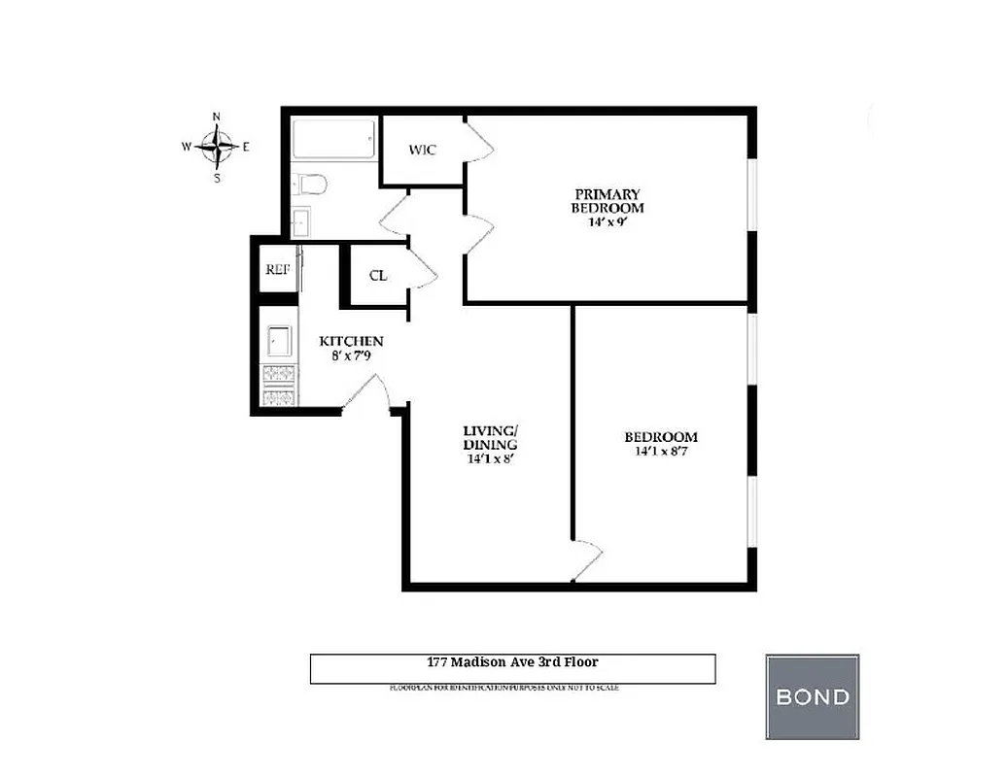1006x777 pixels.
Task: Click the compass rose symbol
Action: (x=217, y=148)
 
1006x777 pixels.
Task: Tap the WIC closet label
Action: (x=422, y=151)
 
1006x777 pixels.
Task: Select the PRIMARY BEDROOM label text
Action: (x=607, y=201)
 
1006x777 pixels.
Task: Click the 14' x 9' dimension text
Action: (x=607, y=222)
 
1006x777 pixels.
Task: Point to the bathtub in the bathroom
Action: (x=334, y=140)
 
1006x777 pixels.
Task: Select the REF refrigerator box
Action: (x=276, y=270)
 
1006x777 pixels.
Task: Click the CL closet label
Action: (x=378, y=276)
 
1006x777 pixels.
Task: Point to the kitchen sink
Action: (x=280, y=341)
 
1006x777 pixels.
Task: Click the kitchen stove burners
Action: (x=280, y=385)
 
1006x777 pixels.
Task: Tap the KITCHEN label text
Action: (x=351, y=342)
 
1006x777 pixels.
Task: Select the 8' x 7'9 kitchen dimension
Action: (x=351, y=356)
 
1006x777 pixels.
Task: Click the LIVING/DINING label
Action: (x=490, y=438)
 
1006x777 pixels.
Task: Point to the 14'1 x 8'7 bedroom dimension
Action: (x=660, y=452)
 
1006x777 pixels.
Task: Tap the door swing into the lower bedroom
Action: (x=587, y=560)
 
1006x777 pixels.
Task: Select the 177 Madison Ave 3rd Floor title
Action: (x=512, y=662)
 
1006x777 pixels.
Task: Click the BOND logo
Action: (x=812, y=696)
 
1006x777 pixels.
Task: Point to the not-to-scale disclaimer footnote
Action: (x=503, y=688)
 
